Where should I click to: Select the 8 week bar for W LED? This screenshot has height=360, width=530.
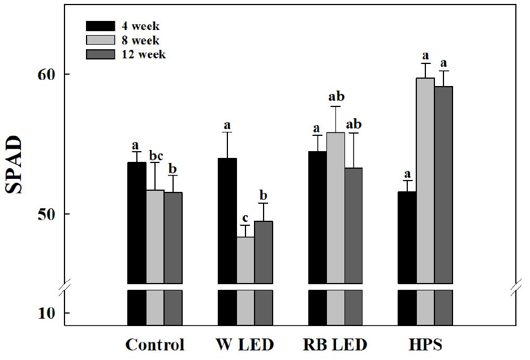245,260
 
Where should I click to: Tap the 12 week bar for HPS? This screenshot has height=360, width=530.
444,185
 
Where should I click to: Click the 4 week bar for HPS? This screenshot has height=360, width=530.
407,237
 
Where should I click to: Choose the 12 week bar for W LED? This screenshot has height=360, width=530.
264,252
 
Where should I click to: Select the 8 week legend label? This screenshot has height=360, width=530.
140,41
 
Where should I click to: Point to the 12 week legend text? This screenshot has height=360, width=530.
143,55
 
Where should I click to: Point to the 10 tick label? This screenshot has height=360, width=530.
46,314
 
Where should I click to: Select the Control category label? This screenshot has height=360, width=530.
155,345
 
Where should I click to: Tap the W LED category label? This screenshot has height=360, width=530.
244,345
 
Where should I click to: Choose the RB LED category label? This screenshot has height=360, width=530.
335,345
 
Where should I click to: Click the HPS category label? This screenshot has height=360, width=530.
426,345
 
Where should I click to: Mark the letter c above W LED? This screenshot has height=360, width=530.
245,218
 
